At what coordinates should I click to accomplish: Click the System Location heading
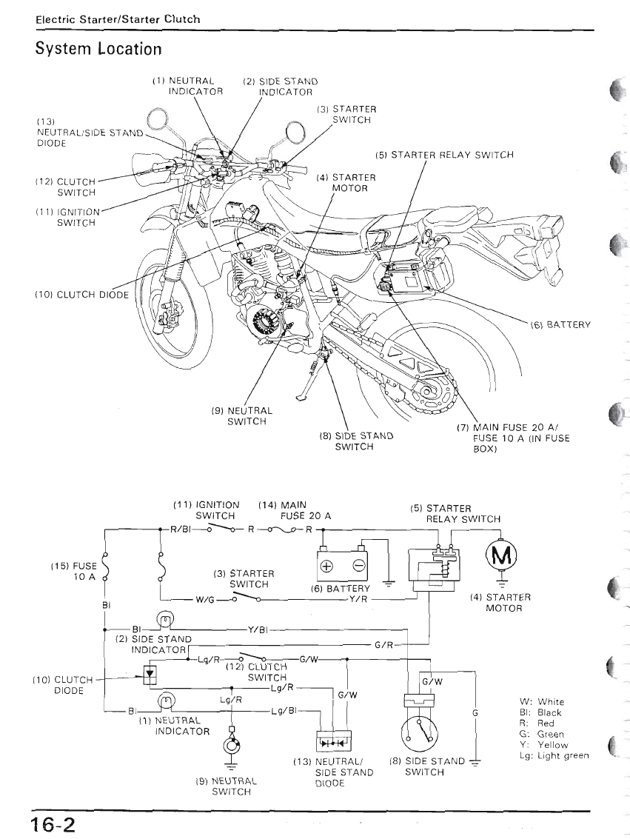pos(98,49)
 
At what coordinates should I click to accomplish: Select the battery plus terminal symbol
pos(326,566)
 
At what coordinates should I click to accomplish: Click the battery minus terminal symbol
pos(358,566)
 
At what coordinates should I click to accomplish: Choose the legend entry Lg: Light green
pos(554,755)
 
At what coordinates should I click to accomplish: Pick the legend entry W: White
pos(542,701)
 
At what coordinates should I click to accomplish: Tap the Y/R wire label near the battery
pos(359,600)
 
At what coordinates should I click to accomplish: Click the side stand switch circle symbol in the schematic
pos(420,735)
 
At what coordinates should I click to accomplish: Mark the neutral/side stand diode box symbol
pos(332,741)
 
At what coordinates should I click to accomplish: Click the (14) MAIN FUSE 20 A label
pos(294,510)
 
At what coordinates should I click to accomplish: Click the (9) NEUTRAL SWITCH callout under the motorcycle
pos(245,416)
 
